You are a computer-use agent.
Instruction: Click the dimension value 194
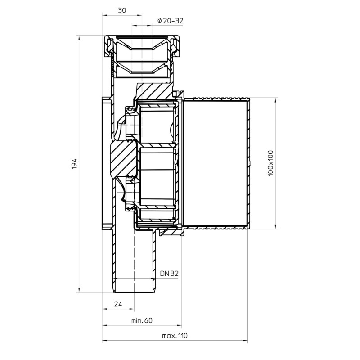pyautogui.click(x=75, y=163)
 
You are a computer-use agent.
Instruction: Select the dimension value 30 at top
pyautogui.click(x=122, y=11)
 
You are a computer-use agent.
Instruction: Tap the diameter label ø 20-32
pyautogui.click(x=171, y=21)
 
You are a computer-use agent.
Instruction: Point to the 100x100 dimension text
pyautogui.click(x=270, y=163)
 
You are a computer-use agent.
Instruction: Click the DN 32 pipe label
pyautogui.click(x=169, y=273)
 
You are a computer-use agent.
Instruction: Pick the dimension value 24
pyautogui.click(x=118, y=304)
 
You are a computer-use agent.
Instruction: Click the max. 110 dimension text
pyautogui.click(x=174, y=336)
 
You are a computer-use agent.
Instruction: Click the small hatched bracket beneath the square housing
pyautogui.click(x=171, y=232)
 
